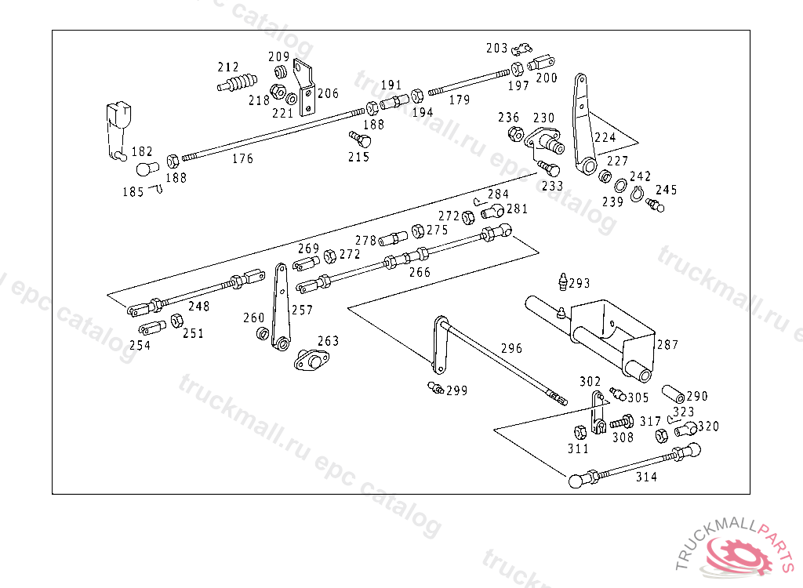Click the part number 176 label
tap(243, 158)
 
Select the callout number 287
tap(667, 344)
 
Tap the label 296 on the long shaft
tap(511, 348)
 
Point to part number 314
tap(647, 477)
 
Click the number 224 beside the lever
tap(605, 137)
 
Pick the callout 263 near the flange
tap(328, 341)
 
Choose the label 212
tap(228, 67)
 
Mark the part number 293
tap(579, 283)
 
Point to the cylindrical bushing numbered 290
tap(674, 393)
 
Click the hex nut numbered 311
tap(580, 432)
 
